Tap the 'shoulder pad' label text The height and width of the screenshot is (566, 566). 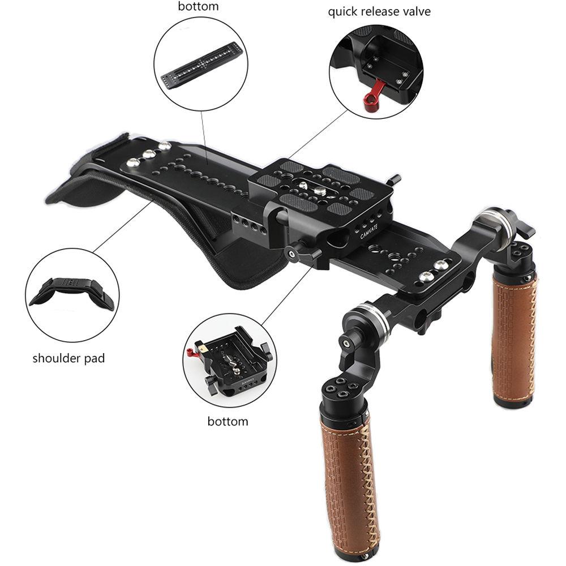pyautogui.click(x=68, y=358)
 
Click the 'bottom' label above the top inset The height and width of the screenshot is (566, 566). pyautogui.click(x=199, y=7)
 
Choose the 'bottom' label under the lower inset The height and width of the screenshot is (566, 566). pyautogui.click(x=228, y=421)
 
